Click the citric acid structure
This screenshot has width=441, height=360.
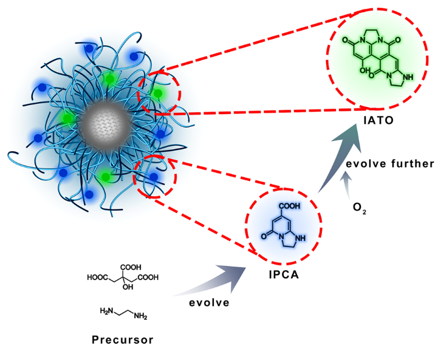tap(125, 277)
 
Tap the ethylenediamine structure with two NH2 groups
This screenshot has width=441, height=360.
tap(124, 313)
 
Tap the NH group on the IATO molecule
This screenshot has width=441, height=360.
tap(411, 77)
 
